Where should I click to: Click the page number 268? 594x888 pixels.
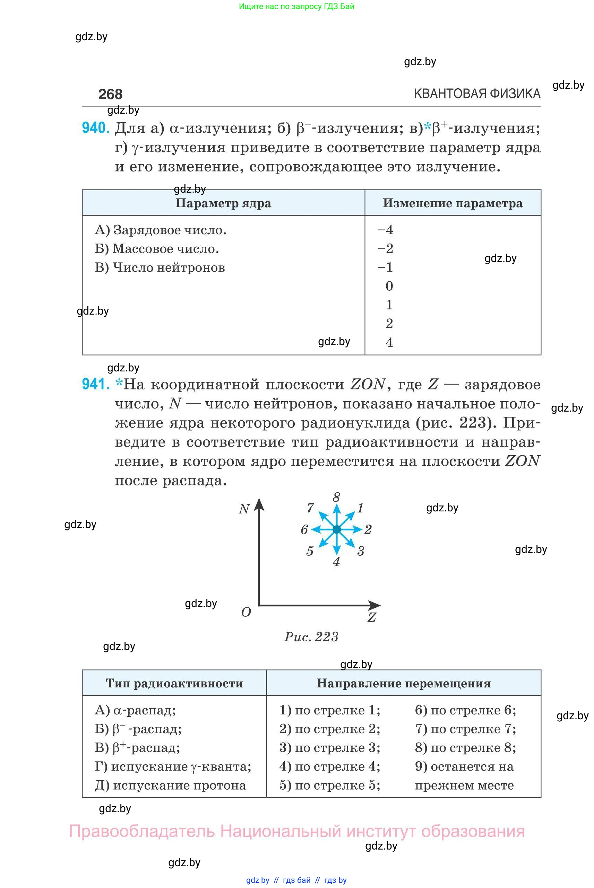[x=110, y=94]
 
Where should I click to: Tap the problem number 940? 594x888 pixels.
[x=95, y=128]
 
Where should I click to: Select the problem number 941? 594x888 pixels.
[x=95, y=384]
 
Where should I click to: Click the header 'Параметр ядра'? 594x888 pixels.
[x=223, y=203]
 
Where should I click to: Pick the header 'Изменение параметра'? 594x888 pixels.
[x=453, y=203]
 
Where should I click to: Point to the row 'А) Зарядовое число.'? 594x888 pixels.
[x=161, y=230]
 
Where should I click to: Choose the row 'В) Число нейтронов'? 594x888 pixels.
[x=160, y=267]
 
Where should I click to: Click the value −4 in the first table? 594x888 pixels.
[x=386, y=230]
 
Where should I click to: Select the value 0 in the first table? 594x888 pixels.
[x=389, y=286]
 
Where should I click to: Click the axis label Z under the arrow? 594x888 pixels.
[x=372, y=617]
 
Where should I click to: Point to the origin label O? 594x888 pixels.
[x=246, y=612]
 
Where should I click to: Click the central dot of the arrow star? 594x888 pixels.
[x=336, y=529]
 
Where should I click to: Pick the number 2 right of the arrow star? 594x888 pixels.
[x=368, y=529]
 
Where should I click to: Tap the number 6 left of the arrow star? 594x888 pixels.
[x=304, y=529]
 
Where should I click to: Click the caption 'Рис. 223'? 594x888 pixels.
[x=311, y=637]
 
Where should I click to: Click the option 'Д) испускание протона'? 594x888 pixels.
[x=170, y=785]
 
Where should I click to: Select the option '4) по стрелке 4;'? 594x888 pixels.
[x=329, y=766]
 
